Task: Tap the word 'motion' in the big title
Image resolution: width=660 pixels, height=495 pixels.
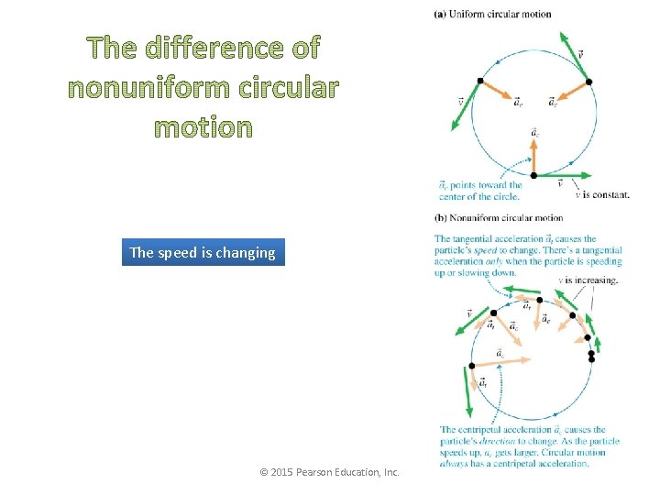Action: (203, 126)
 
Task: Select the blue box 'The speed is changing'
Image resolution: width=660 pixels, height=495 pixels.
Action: (203, 252)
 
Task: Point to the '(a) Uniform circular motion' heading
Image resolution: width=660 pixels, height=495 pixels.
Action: (493, 14)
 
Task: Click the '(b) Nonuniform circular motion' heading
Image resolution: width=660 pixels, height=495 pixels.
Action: (499, 218)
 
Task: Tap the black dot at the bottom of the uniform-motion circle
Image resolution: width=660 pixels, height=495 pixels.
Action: (533, 175)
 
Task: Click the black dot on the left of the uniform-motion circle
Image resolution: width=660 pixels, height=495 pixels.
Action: (479, 81)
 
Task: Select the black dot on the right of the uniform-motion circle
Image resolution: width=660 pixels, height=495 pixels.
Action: (588, 82)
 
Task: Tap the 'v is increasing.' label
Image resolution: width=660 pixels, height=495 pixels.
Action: (588, 280)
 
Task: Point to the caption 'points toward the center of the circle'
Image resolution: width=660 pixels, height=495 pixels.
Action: (481, 191)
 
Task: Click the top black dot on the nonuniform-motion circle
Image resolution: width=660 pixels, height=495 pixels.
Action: (540, 300)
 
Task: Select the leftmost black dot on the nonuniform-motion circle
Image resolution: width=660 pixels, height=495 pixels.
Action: (472, 366)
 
